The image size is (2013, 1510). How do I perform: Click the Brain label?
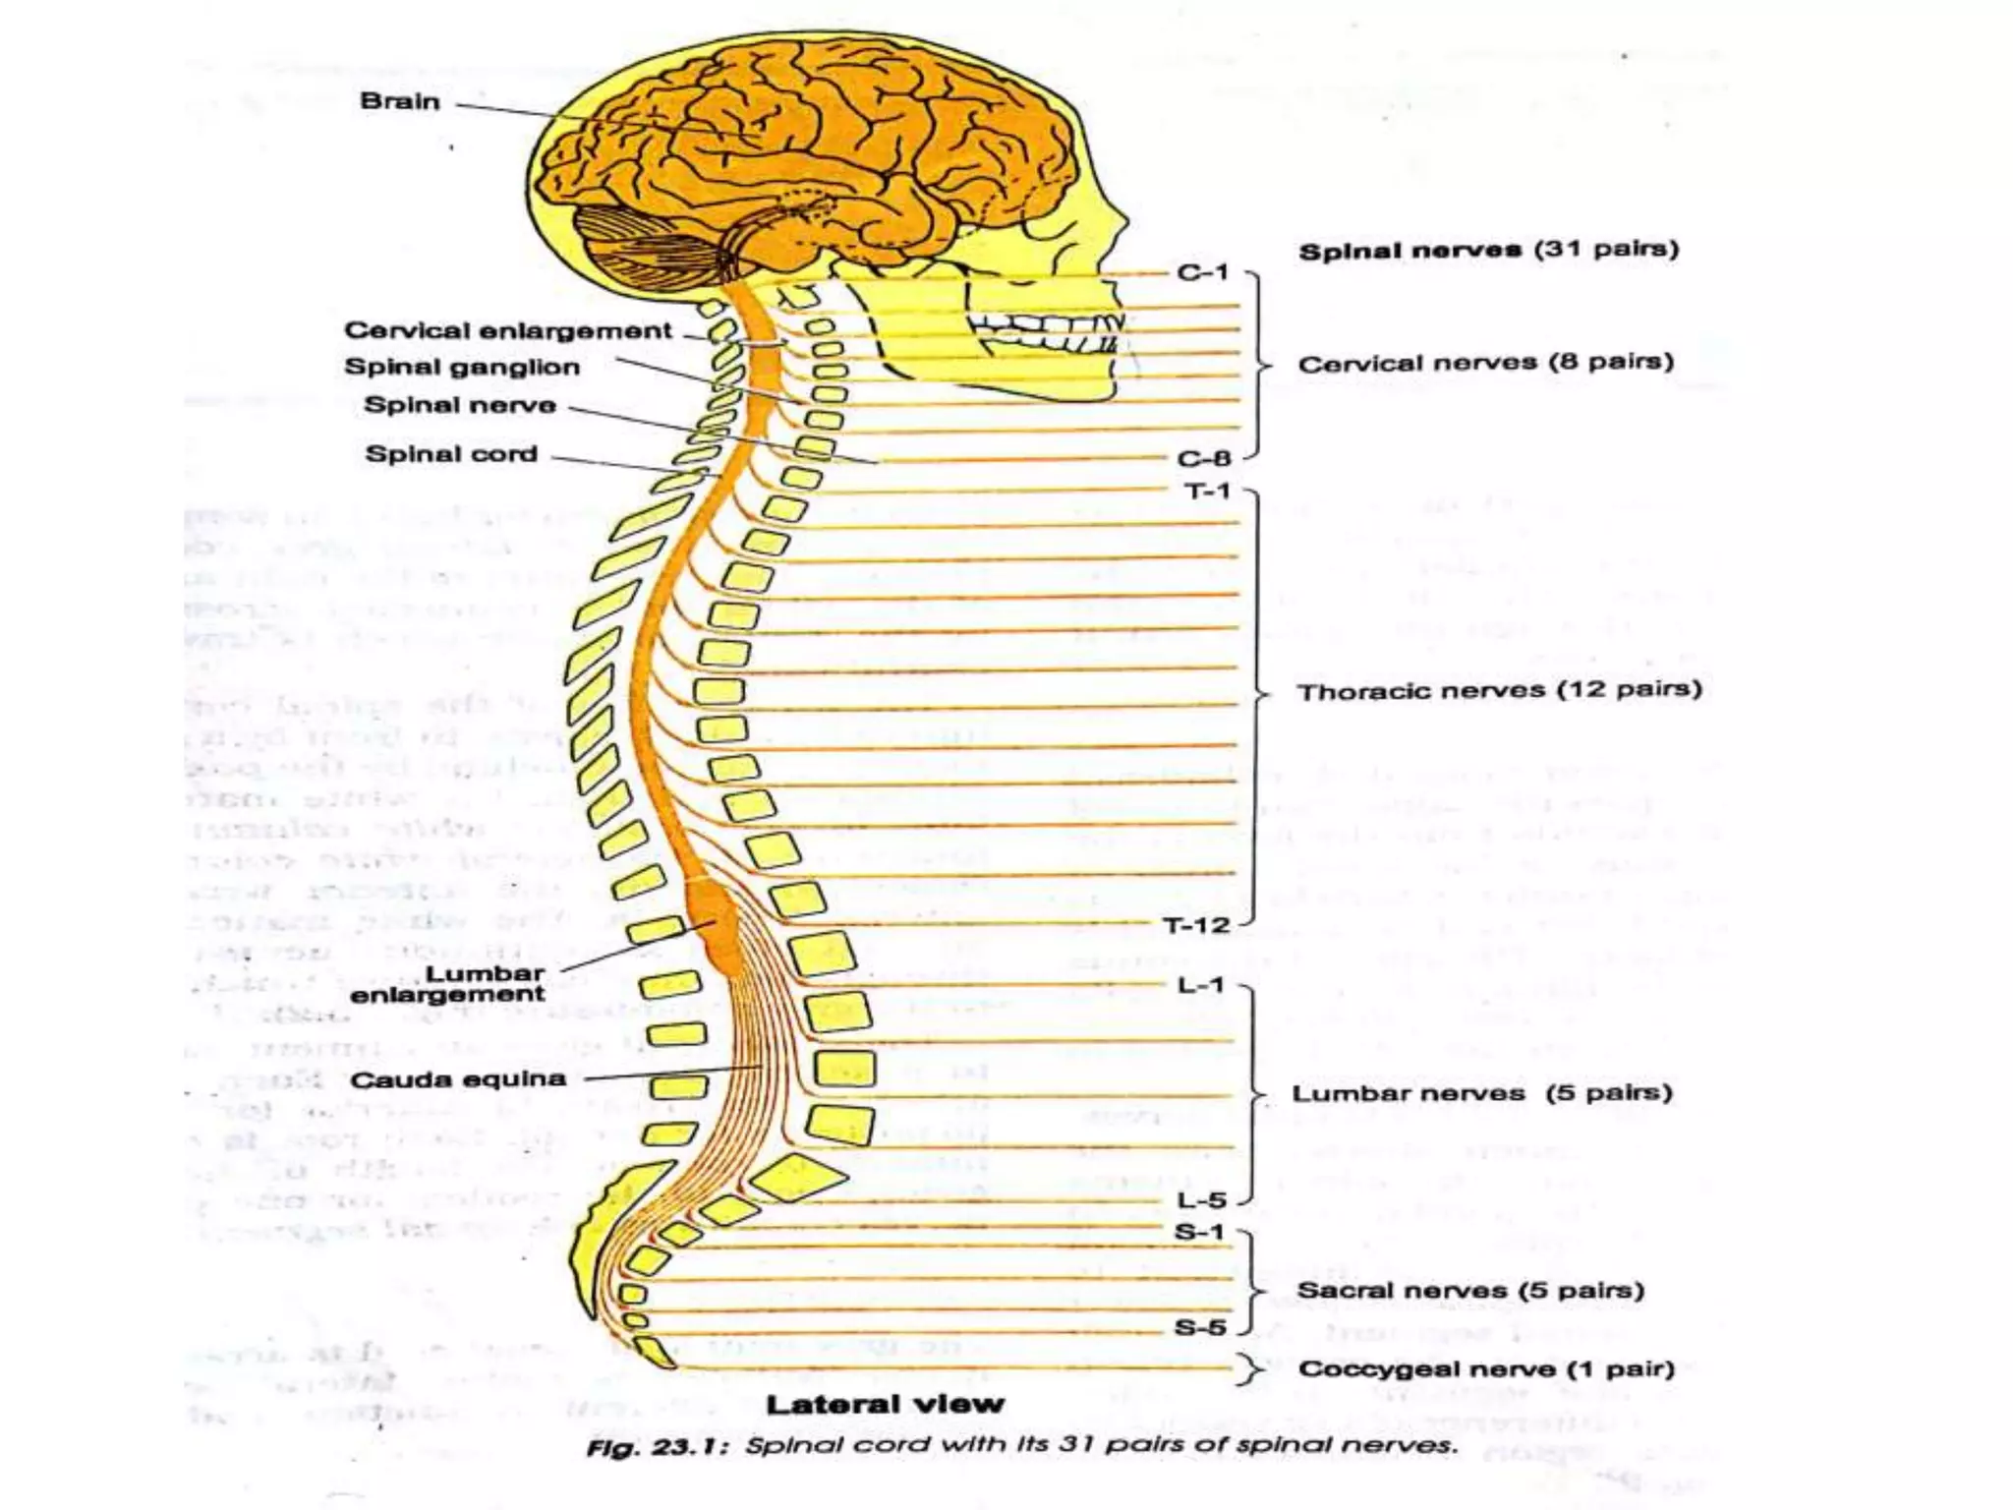(x=399, y=101)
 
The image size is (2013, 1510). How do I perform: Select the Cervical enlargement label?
(x=507, y=330)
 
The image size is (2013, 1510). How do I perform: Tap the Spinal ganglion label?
(x=462, y=368)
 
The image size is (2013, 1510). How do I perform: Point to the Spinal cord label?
(x=451, y=454)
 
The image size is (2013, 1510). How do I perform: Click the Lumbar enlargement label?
(x=448, y=983)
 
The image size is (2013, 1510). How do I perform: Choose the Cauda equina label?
(x=458, y=1079)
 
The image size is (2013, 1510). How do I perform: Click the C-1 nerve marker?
(x=1203, y=272)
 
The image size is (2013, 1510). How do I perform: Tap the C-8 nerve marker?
(x=1203, y=459)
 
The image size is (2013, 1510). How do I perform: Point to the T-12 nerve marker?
(x=1196, y=925)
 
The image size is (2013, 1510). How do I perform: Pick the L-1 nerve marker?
(x=1201, y=985)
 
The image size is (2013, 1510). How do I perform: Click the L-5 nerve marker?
(x=1201, y=1200)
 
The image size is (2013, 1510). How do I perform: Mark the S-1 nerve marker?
(x=1199, y=1232)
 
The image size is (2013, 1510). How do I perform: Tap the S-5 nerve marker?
(x=1200, y=1328)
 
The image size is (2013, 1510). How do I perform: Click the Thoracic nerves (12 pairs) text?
(x=1499, y=690)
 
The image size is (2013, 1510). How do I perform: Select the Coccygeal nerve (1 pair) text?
(x=1485, y=1369)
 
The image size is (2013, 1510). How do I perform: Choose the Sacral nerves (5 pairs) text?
(x=1470, y=1291)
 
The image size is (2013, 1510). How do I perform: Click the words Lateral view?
(x=885, y=1404)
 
